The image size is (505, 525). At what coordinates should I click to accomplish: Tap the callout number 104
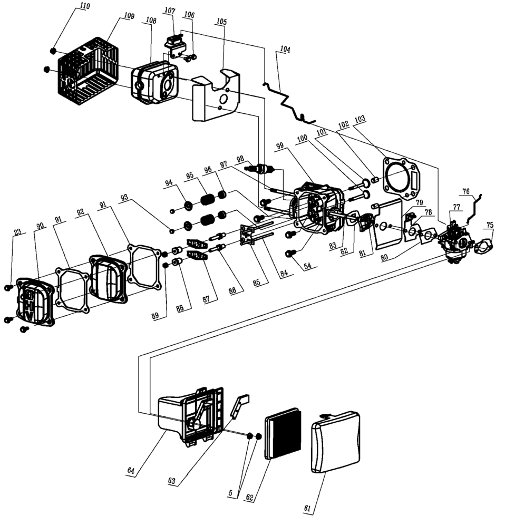pos(285,50)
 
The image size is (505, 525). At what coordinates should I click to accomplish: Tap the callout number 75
pos(490,225)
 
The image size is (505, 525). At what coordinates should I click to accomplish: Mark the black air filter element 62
pos(283,436)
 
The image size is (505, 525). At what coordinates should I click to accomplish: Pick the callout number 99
pos(279,146)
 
